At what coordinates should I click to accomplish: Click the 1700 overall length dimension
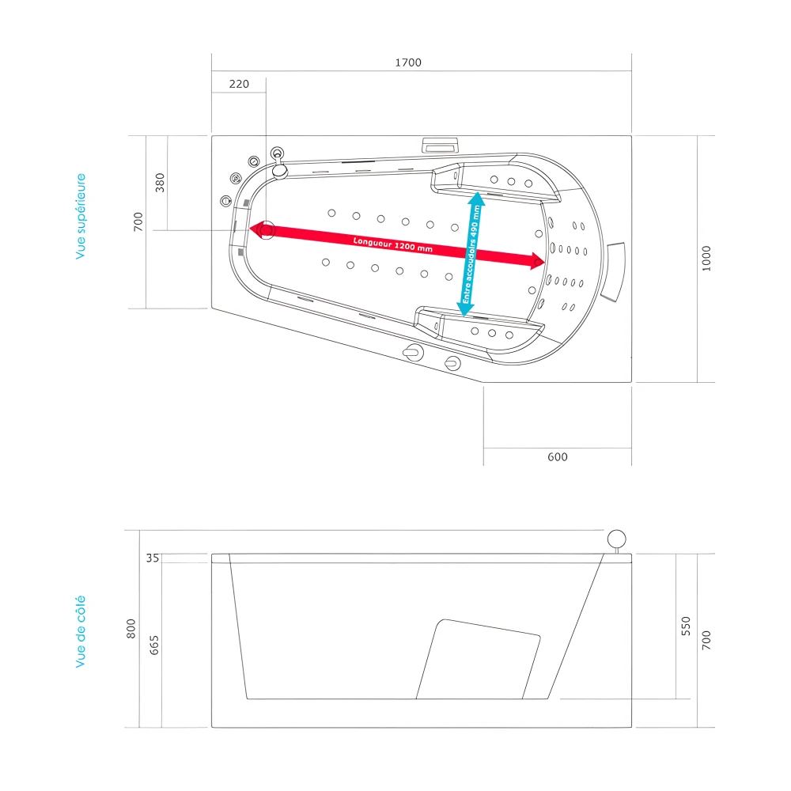pyautogui.click(x=408, y=62)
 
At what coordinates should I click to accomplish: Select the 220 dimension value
pyautogui.click(x=238, y=84)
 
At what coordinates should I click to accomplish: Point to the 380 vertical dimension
pyautogui.click(x=160, y=183)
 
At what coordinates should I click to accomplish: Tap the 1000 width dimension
pyautogui.click(x=706, y=258)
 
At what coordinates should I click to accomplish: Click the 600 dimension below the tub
pyautogui.click(x=557, y=456)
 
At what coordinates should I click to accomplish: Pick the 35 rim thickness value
pyautogui.click(x=153, y=558)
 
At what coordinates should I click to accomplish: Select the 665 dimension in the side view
pyautogui.click(x=154, y=645)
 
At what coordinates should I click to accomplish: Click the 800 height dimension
pyautogui.click(x=132, y=629)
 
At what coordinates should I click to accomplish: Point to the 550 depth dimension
pyautogui.click(x=686, y=626)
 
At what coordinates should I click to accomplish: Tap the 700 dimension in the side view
pyautogui.click(x=706, y=641)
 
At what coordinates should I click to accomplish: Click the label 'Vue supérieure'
pyautogui.click(x=81, y=217)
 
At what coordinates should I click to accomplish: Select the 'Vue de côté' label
pyautogui.click(x=81, y=632)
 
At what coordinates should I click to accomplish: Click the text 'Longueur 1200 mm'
pyautogui.click(x=393, y=244)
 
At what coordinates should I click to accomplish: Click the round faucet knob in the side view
pyautogui.click(x=616, y=539)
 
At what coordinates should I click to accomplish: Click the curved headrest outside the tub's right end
pyautogui.click(x=614, y=271)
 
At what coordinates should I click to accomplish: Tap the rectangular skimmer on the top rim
pyautogui.click(x=440, y=145)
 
